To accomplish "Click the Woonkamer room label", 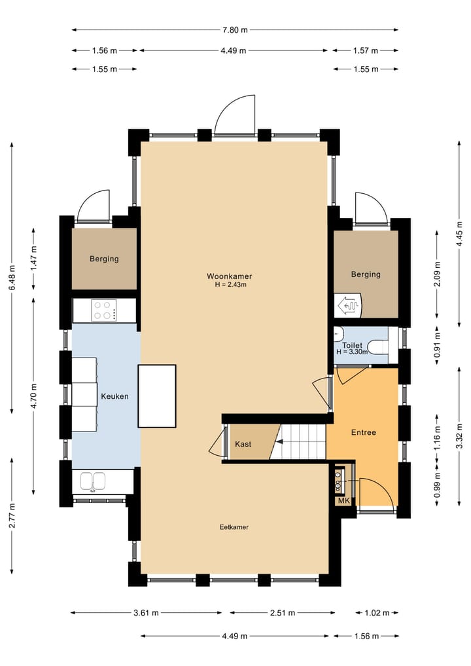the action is pos(229,276).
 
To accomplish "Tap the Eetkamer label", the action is pos(234,527).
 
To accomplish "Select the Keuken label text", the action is pos(114,396).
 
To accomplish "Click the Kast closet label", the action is pos(243,444).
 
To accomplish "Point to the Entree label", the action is pos(364,432).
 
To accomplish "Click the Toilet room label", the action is pos(352,345).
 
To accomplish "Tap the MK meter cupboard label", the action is pos(343,501).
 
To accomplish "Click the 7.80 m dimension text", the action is pos(235,29).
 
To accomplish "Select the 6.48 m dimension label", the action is pos(12,278).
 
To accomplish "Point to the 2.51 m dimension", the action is pos(283,613).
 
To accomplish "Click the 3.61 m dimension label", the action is pos(146,613).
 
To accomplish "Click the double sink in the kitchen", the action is pos(93,482).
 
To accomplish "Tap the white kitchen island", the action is pos(157,396).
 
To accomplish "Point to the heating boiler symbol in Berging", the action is pos(348,305).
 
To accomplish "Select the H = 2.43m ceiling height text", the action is pos(230,285).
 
